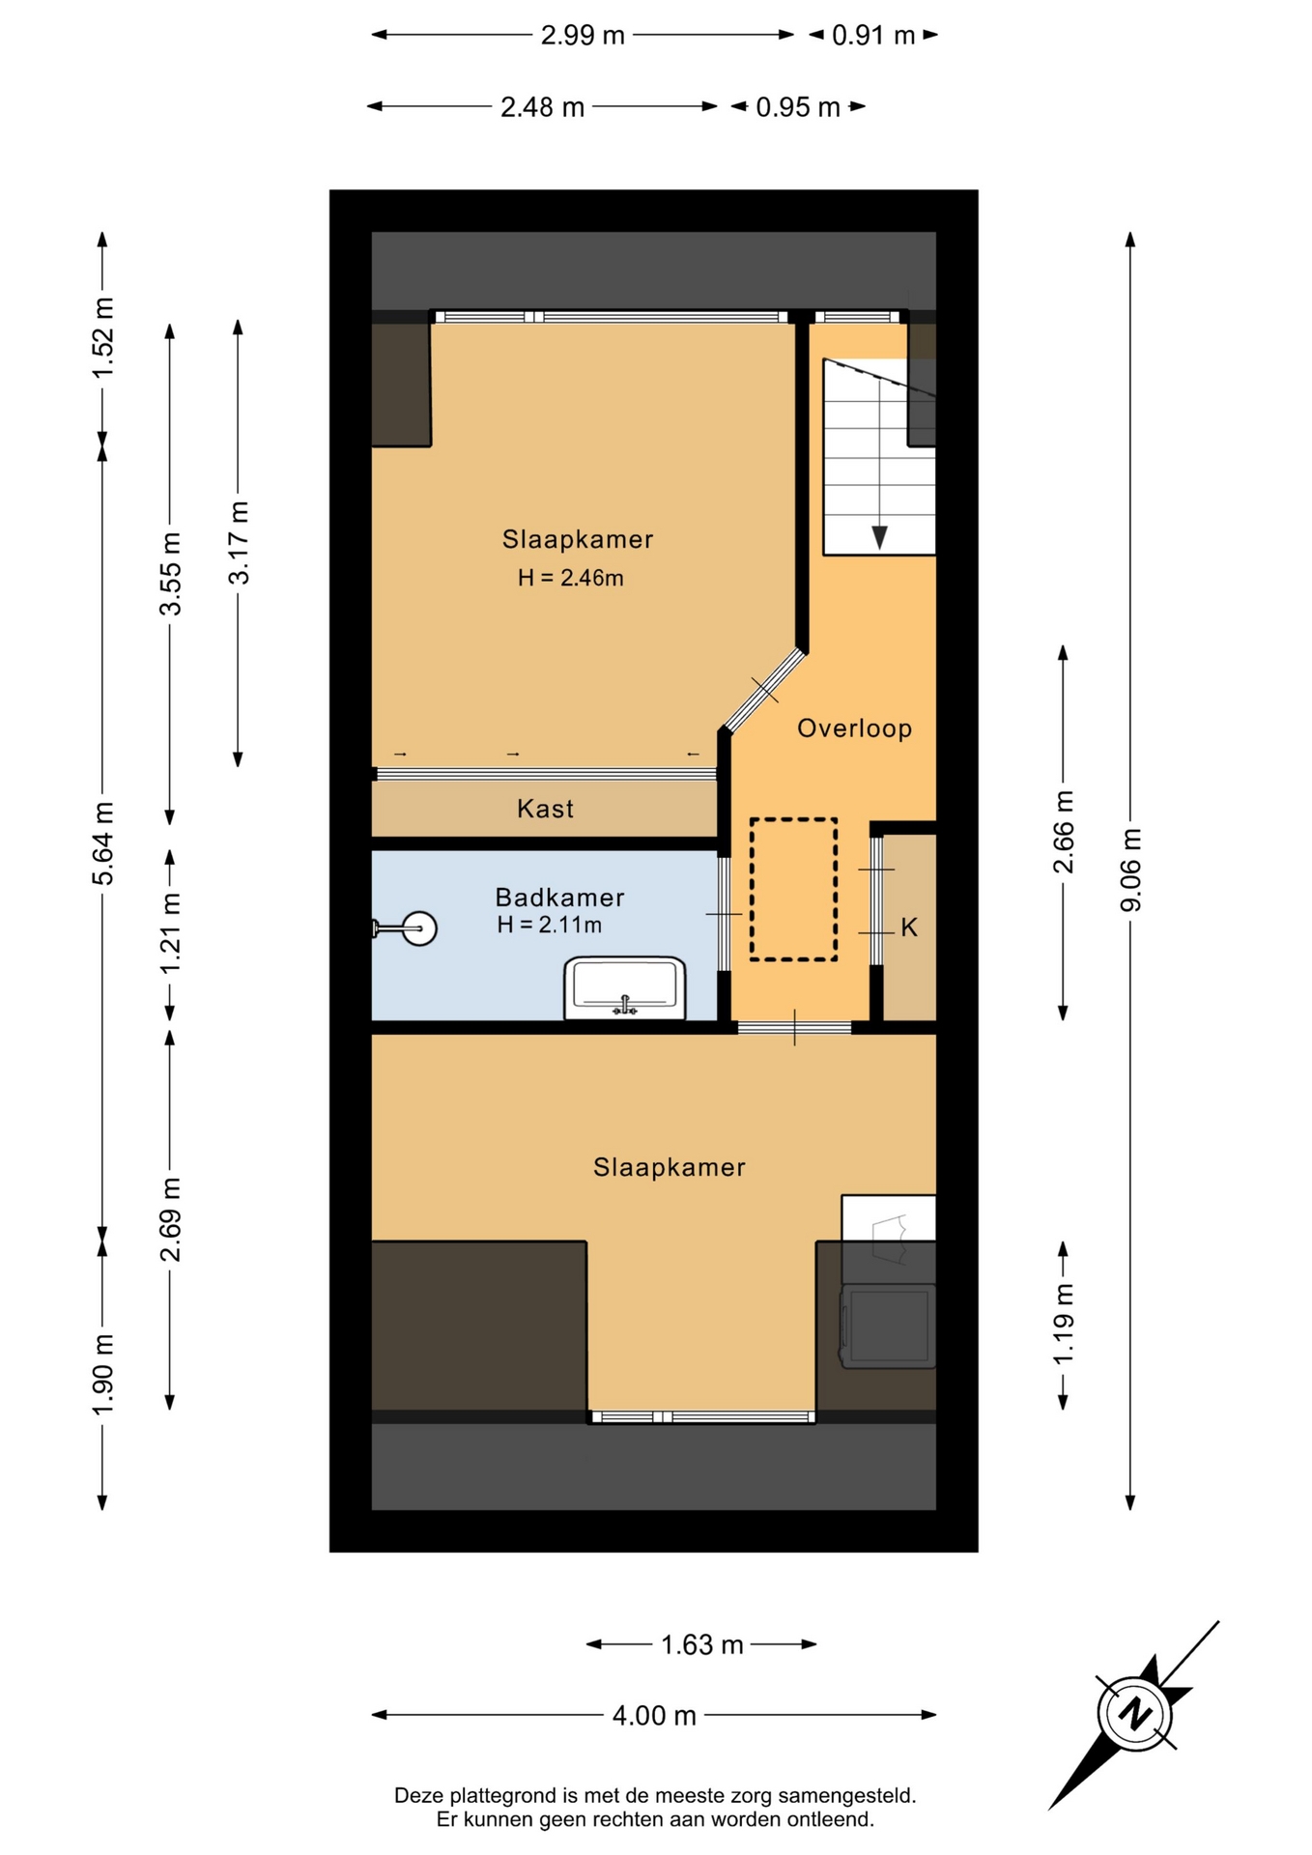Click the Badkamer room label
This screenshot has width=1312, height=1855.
(x=559, y=897)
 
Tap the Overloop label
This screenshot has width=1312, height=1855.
(x=854, y=728)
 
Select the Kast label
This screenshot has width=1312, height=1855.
(x=545, y=809)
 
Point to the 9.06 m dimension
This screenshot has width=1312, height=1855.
(x=1130, y=870)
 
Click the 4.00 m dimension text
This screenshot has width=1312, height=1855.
(x=654, y=1715)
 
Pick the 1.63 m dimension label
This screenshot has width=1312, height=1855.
(x=702, y=1643)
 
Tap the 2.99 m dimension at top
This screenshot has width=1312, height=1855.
(x=583, y=35)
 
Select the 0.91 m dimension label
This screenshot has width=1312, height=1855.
(x=873, y=35)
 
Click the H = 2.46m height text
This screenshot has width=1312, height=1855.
(x=570, y=578)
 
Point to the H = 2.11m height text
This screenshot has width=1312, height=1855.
(x=549, y=925)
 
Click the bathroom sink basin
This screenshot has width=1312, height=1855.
(x=625, y=987)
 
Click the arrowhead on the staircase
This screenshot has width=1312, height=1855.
(x=879, y=537)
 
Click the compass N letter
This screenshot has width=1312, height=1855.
(x=1135, y=1714)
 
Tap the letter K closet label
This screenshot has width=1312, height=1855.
(x=909, y=927)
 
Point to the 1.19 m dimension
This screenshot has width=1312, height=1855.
(x=1063, y=1325)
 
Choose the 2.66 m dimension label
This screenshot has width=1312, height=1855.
(x=1063, y=832)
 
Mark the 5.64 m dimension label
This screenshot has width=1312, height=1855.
(x=102, y=842)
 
